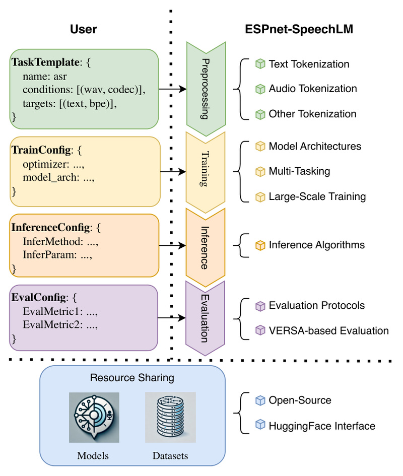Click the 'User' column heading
tap(83, 30)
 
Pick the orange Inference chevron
tap(205, 245)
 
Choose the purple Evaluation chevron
tap(205, 318)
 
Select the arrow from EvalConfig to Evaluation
tap(172, 318)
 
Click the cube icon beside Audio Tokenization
tap(260, 89)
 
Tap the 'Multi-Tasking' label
tap(299, 171)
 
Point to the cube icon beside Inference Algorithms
tap(260, 245)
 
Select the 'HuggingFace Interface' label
tap(322, 426)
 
